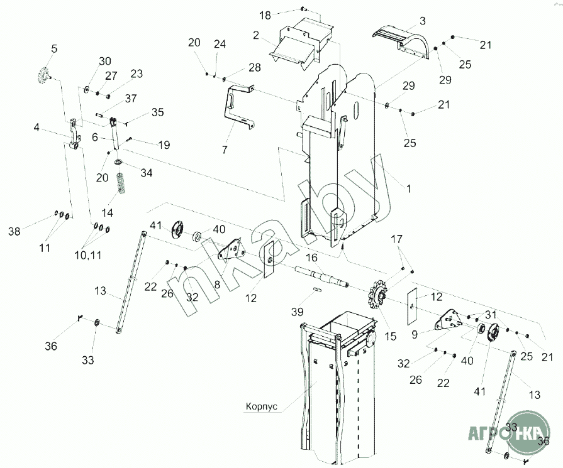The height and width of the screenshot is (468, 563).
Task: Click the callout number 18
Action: click(x=265, y=14)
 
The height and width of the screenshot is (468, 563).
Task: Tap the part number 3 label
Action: click(x=422, y=21)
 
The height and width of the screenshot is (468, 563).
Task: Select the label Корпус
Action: click(x=260, y=406)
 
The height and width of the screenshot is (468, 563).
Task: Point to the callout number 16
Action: click(x=311, y=258)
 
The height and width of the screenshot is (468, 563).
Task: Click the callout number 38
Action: click(x=14, y=231)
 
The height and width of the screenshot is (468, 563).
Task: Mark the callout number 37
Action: click(x=130, y=98)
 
